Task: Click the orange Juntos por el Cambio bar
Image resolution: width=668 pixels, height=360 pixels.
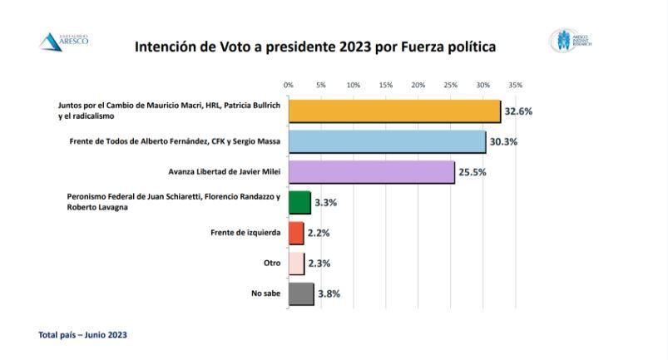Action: tap(394, 111)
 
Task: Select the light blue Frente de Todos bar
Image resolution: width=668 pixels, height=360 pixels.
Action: tap(387, 141)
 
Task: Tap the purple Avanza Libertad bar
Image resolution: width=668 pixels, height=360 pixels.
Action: tap(371, 172)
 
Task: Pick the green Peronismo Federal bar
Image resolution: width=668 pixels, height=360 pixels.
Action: tap(299, 202)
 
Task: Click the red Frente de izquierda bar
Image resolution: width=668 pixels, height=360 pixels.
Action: tap(296, 233)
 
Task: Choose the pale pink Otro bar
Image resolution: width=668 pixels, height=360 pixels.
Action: tap(296, 263)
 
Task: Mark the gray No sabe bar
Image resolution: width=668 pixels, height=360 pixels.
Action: tap(301, 293)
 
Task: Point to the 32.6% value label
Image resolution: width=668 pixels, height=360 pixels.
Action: tap(518, 111)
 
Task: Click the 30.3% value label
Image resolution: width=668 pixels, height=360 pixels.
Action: tap(502, 142)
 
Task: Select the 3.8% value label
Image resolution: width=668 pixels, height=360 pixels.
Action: tap(328, 293)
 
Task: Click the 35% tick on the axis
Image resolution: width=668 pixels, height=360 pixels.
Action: tap(515, 86)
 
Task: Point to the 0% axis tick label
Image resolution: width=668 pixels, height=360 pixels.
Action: tap(289, 86)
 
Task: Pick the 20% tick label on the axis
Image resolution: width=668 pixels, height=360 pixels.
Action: tap(418, 86)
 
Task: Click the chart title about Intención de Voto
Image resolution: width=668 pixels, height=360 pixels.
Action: tap(315, 47)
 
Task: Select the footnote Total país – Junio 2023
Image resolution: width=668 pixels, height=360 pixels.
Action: tap(83, 335)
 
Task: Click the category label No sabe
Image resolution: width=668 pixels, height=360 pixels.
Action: tap(266, 293)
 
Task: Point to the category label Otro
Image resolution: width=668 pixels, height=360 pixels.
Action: tap(272, 263)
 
